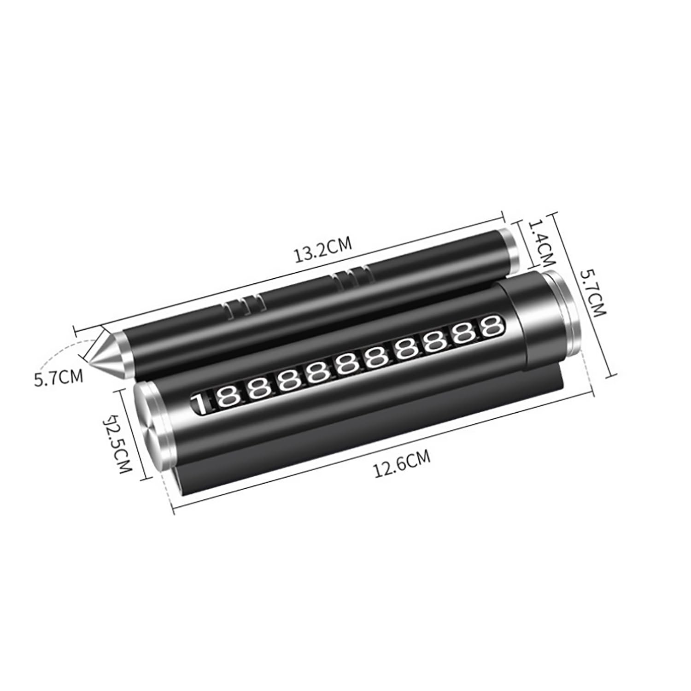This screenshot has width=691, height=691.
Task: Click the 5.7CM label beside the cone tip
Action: coord(59,377)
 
